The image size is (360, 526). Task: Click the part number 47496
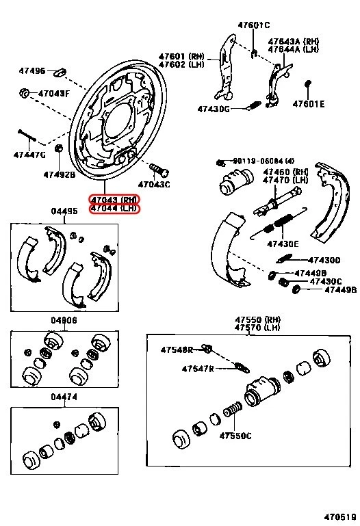[31, 71]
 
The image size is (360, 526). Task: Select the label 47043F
[53, 93]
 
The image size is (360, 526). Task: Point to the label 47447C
[29, 155]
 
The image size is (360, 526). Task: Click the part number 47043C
[154, 184]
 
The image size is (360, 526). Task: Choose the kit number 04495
[64, 211]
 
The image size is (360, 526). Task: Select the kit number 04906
[64, 320]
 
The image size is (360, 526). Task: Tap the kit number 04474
[64, 396]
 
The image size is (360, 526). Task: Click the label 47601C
[255, 25]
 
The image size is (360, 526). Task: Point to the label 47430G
[215, 109]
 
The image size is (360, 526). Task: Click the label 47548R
[177, 350]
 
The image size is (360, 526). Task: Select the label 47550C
[235, 436]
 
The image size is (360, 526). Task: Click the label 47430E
[281, 244]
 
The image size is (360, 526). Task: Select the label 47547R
[198, 369]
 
